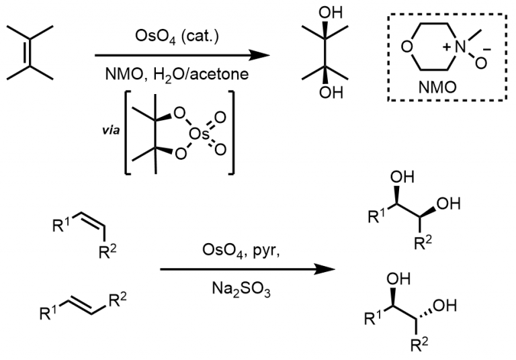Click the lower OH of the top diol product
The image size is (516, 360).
(327, 93)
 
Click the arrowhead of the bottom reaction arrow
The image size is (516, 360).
(329, 269)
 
